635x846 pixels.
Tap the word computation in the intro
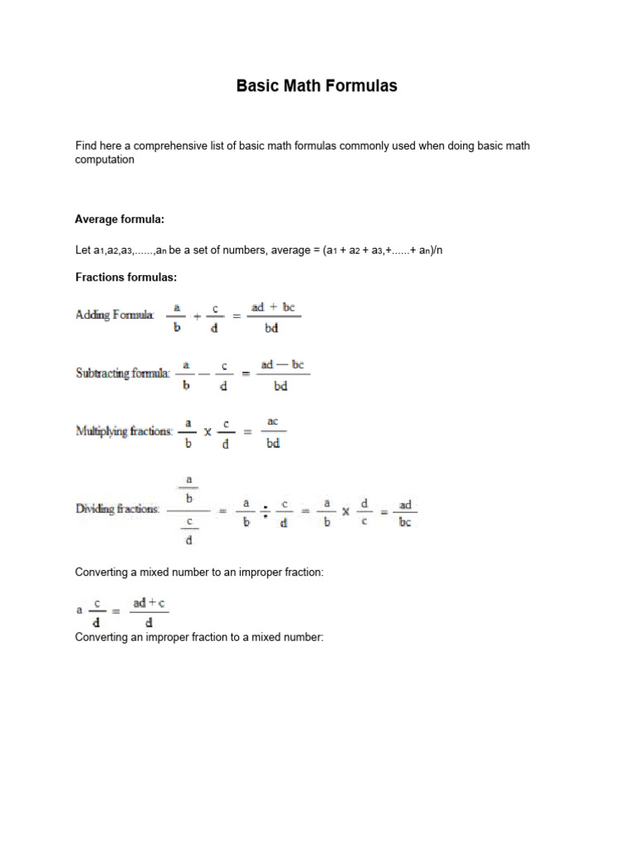104,159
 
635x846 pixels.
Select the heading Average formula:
120,219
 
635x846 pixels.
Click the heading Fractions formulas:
127,277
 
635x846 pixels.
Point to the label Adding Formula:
115,315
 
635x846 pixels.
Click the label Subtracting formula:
123,373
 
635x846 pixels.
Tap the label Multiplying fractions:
125,430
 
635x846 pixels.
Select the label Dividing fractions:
118,509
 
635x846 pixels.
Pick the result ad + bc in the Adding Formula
273,307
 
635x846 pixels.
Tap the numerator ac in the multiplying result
271,421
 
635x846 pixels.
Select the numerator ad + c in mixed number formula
149,604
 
